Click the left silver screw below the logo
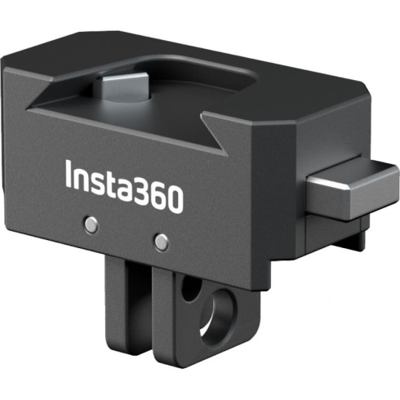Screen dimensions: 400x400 point(92,223)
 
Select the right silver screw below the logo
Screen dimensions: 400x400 point(162,242)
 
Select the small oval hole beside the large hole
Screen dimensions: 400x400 point(189,288)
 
